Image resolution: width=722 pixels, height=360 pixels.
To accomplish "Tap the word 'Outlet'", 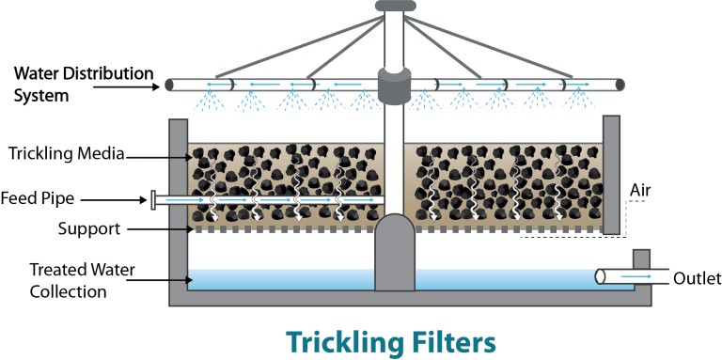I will [x=696, y=276].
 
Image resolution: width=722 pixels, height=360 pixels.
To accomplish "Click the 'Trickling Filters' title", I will [x=389, y=340].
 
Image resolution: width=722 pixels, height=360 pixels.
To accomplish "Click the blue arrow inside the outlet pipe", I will [x=636, y=276].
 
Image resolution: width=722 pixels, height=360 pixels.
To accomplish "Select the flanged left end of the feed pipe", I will [x=154, y=199].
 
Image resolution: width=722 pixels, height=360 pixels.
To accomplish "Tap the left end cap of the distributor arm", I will [x=169, y=84].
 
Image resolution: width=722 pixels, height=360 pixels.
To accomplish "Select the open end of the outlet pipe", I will [x=600, y=276].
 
